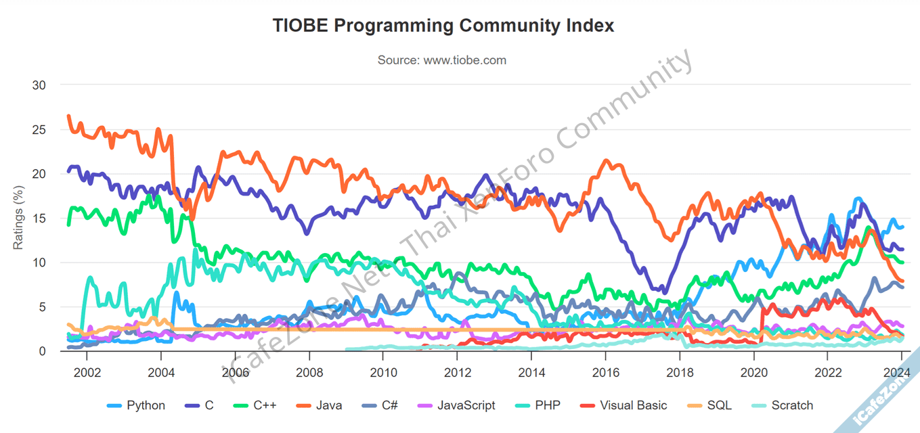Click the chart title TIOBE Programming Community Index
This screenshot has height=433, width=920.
(x=443, y=26)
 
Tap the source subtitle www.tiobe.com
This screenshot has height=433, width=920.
(x=441, y=60)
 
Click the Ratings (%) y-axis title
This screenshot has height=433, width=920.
(x=19, y=218)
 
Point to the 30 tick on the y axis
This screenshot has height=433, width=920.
(x=39, y=85)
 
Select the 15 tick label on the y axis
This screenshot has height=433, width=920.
(x=39, y=218)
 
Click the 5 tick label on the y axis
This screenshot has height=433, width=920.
(x=42, y=306)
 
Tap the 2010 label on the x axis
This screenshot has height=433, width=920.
(x=383, y=372)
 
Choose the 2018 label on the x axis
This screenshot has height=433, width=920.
(x=680, y=372)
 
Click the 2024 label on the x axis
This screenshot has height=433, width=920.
(x=895, y=372)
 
